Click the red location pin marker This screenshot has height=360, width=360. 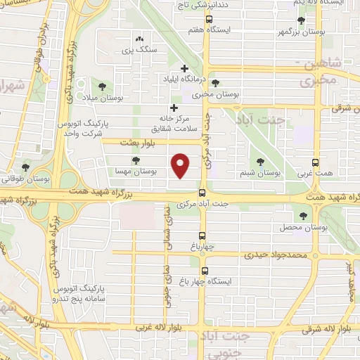coord(181,165)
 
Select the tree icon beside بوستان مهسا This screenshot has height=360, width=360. coord(135,161)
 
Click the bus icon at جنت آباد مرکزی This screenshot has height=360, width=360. coord(202,191)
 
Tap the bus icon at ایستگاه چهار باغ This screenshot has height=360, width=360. coord(205,271)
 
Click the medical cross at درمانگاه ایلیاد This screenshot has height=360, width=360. coord(184,68)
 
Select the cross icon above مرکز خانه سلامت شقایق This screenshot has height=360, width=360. coord(174,108)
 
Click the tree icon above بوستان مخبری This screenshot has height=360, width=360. coord(215,82)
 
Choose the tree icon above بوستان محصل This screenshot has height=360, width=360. coord(303,217)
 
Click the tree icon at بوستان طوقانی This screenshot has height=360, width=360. coord(25,167)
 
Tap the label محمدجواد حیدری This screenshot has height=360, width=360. coord(276,254)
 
